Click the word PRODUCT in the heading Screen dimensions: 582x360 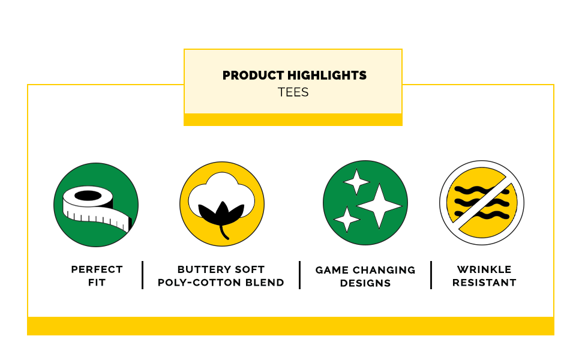tap(253, 76)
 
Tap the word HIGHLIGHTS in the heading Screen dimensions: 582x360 tap(327, 76)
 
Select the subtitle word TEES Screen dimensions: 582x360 tap(293, 92)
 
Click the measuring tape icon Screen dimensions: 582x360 tap(96, 205)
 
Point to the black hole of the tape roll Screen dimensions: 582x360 tap(88, 196)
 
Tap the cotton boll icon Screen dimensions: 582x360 tap(222, 204)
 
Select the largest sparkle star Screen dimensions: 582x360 tap(379, 206)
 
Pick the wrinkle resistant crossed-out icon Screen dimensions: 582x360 tap(482, 203)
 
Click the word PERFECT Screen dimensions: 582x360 tap(97, 269)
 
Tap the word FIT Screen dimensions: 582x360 tap(97, 283)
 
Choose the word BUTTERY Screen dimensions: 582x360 tap(203, 269)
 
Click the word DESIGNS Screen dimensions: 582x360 tap(365, 284)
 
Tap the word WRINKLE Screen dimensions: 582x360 tap(484, 269)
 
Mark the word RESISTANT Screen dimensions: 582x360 tap(484, 283)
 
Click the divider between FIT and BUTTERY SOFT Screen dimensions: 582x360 tap(143, 275)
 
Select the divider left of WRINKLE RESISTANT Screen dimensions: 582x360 tap(431, 275)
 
